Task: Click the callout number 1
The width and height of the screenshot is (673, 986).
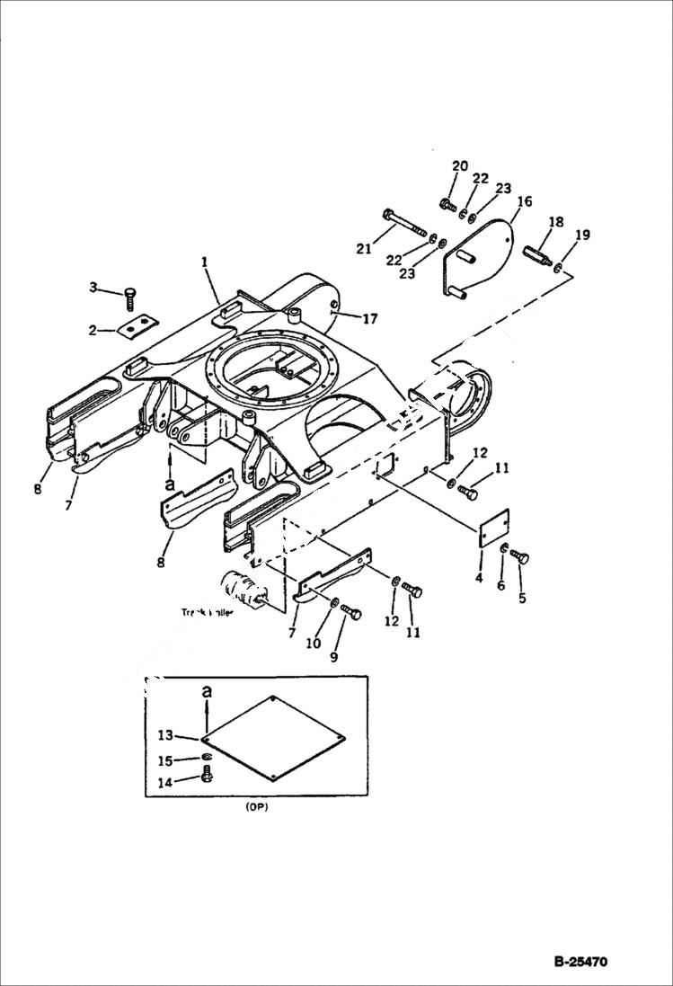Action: coord(205,262)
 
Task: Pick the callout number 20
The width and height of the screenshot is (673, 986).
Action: coord(460,166)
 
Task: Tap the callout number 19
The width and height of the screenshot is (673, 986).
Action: coord(582,235)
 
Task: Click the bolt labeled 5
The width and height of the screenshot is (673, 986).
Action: coord(520,558)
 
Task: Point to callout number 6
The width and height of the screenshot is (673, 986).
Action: coord(501,585)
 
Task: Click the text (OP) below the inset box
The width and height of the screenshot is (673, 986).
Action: coord(257,807)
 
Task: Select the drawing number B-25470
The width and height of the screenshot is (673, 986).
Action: coord(580,962)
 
